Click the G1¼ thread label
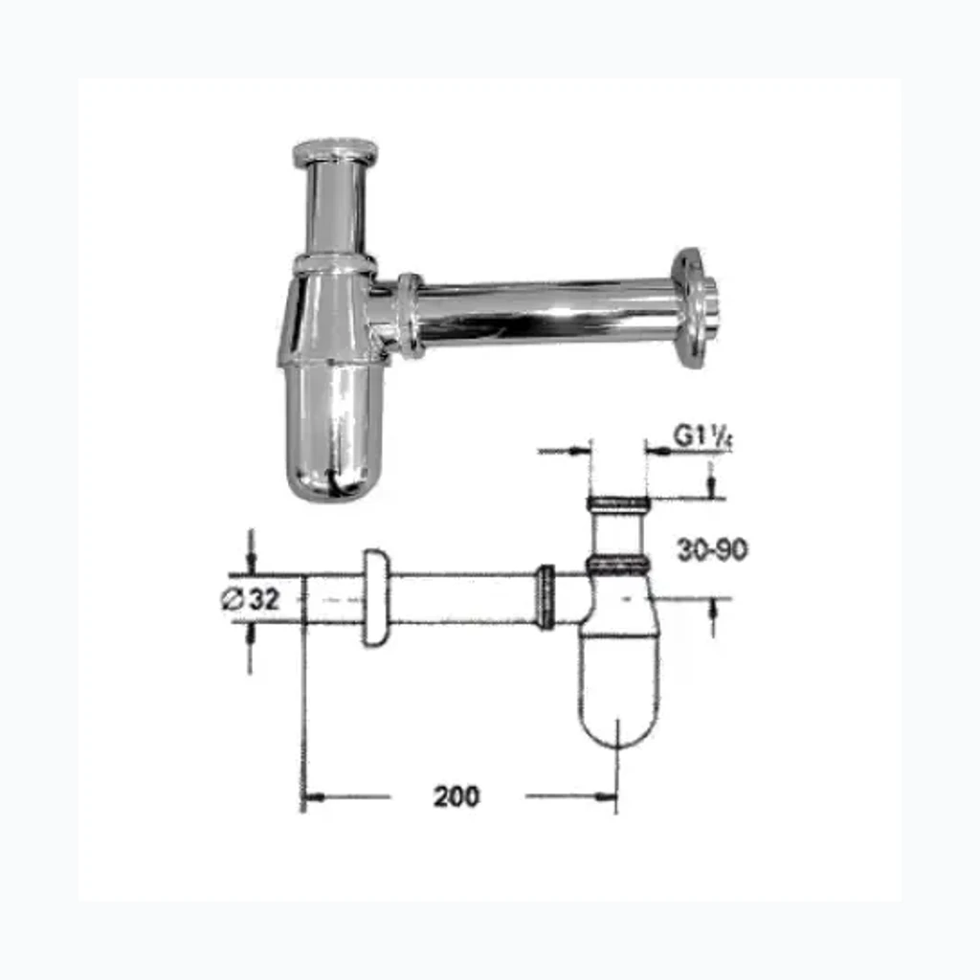tap(702, 436)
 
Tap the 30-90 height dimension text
tap(712, 550)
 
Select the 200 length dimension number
tap(457, 796)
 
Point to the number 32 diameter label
tap(264, 599)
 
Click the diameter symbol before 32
tap(233, 600)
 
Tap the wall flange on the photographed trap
tap(694, 308)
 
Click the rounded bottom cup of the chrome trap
tap(334, 432)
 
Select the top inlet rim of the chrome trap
tap(336, 152)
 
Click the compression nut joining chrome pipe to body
tap(410, 316)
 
